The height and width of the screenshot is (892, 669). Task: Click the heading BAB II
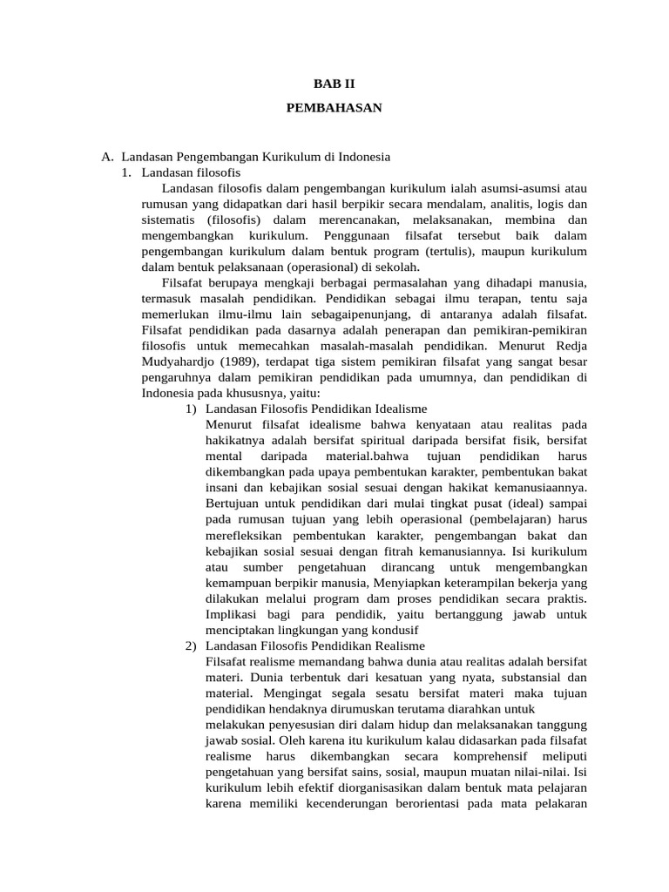[x=334, y=84]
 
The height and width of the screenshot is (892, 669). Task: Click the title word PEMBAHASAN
[x=334, y=109]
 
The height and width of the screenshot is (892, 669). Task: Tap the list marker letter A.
[x=107, y=157]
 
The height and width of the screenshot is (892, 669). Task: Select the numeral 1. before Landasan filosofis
[x=127, y=172]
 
